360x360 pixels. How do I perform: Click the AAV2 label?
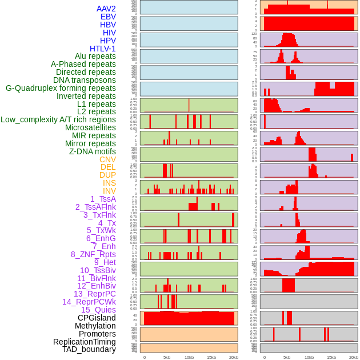pos(106,9)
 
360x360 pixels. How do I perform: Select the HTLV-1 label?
pos(103,49)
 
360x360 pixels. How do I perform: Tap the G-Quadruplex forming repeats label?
pos(61,88)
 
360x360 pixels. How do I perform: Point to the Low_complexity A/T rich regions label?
pos(58,119)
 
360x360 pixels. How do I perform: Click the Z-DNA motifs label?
pos(92,151)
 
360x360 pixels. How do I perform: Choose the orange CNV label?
pos(107,159)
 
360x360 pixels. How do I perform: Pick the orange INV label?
pos(109,191)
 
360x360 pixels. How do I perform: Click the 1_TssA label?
pos(103,199)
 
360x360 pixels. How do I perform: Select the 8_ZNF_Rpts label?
pos(93,254)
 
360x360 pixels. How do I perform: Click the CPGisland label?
pos(97,318)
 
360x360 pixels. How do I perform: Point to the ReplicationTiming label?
pos(85,342)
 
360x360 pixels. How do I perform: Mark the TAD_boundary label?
pos(89,349)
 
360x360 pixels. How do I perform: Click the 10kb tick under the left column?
pos(189,357)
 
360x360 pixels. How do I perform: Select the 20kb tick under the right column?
pos(354,357)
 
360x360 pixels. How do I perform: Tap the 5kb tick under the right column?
pos(287,357)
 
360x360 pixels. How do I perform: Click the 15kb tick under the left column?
pos(211,357)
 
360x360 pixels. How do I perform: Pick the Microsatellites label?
pos(90,127)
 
